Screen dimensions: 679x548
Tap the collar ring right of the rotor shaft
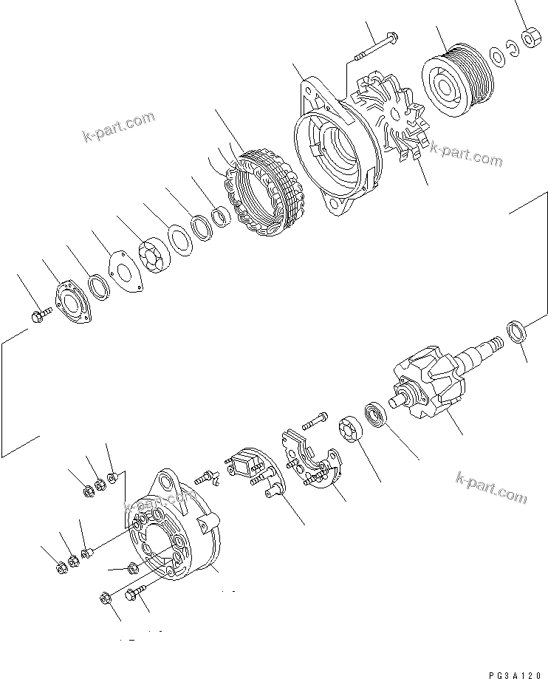click(x=518, y=332)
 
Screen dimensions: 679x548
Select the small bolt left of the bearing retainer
click(x=40, y=317)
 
